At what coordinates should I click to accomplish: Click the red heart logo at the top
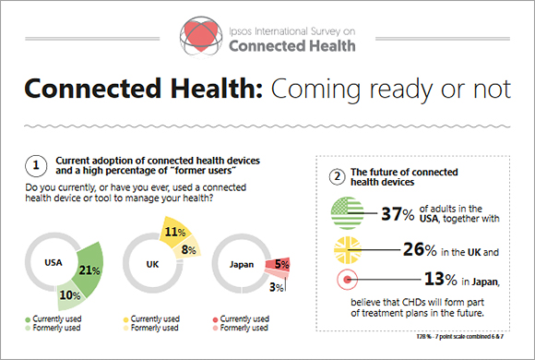(x=205, y=34)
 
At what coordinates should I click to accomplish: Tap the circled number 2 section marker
(x=338, y=176)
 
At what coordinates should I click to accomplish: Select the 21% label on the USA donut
(x=89, y=270)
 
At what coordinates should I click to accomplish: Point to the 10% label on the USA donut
(x=68, y=294)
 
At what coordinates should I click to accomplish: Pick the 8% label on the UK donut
(x=188, y=249)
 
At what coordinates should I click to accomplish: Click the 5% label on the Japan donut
(x=282, y=264)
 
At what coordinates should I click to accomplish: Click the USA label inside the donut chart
(x=53, y=261)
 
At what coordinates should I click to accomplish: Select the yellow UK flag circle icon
(x=349, y=249)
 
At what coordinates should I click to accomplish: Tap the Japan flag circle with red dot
(x=349, y=281)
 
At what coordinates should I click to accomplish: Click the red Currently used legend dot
(x=217, y=318)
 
